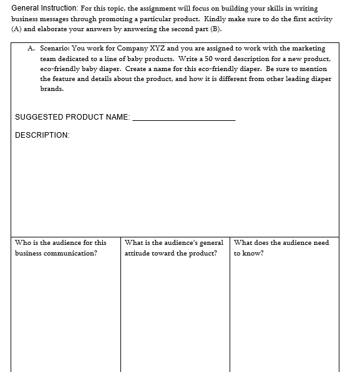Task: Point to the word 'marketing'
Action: pyautogui.click(x=307, y=49)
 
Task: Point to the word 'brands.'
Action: pyautogui.click(x=52, y=88)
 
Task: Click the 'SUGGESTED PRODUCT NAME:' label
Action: pyautogui.click(x=72, y=117)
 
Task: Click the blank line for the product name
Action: pyautogui.click(x=184, y=118)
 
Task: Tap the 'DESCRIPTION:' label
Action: pyautogui.click(x=42, y=135)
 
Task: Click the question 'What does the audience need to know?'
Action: pyautogui.click(x=281, y=247)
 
